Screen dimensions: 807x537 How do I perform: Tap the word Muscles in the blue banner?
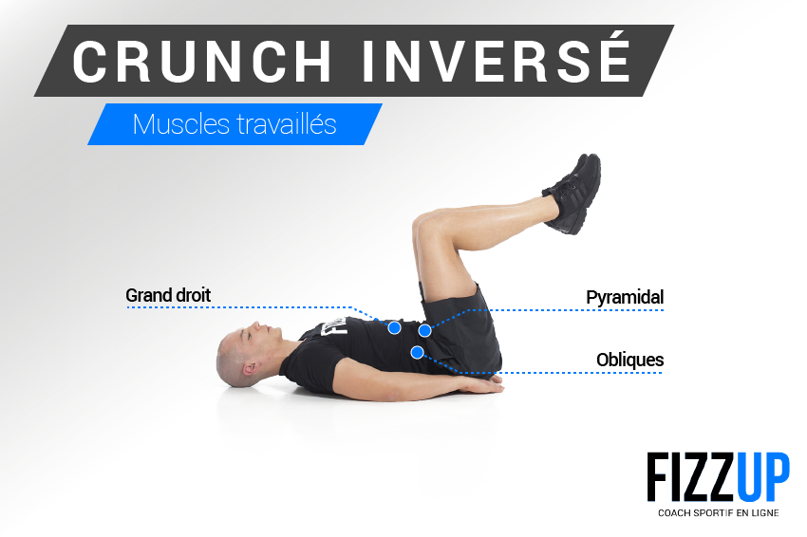coord(180,124)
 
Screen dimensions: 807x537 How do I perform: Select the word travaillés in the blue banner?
coord(287,124)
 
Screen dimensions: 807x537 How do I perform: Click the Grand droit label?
coord(168,295)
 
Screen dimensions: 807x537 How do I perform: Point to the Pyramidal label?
coord(625,297)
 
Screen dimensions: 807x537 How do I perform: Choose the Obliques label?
coord(630,360)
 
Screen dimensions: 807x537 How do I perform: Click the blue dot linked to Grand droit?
coord(395,327)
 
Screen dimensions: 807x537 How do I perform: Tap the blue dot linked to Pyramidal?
coord(424,331)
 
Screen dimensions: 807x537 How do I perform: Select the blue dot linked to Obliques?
coord(418,352)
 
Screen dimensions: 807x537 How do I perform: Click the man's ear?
coord(251,368)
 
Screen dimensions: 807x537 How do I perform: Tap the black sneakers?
coord(572,194)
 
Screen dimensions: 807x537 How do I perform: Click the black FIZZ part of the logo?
coord(691,477)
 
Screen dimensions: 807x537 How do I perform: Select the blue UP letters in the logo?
coord(763,477)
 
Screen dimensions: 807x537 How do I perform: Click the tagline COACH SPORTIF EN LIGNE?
coord(719,513)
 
